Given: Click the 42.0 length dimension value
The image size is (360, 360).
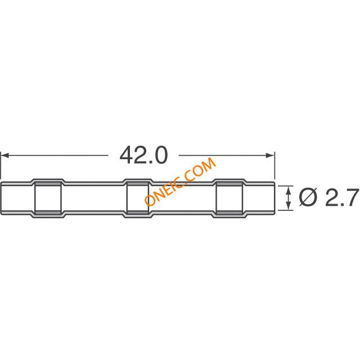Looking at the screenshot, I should click(x=143, y=155).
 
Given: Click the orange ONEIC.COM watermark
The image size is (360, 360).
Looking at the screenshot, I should click(x=180, y=182).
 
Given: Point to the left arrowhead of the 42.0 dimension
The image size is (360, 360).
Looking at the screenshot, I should click(x=4, y=155).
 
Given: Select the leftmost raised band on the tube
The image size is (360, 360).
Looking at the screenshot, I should click(x=47, y=198).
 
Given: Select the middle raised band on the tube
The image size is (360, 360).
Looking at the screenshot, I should click(x=137, y=198).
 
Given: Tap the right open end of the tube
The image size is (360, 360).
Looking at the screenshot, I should click(x=274, y=198).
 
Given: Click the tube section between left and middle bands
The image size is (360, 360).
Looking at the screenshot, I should click(x=93, y=198).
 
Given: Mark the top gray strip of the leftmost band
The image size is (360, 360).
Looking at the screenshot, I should click(x=47, y=183).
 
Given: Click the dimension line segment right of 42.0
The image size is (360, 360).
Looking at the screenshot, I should click(x=225, y=155).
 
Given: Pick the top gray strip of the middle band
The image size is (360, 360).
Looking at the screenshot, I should click(x=137, y=183).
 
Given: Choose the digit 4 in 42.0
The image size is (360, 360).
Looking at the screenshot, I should click(x=128, y=155).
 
